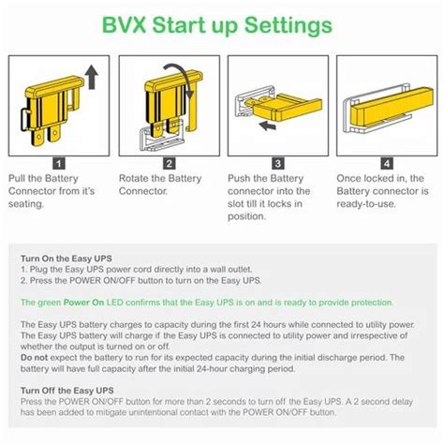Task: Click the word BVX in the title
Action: [125, 25]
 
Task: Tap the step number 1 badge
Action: [59, 163]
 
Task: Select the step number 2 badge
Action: [169, 163]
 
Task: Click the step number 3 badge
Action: [278, 163]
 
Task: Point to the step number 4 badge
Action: [387, 163]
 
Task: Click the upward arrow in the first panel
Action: [92, 78]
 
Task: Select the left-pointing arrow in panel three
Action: [268, 126]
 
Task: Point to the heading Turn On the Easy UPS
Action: [67, 259]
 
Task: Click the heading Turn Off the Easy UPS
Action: [67, 391]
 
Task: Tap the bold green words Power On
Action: [83, 303]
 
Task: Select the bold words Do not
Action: [34, 358]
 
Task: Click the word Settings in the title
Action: [289, 25]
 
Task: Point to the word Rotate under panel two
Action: [133, 178]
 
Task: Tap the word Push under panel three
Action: [239, 178]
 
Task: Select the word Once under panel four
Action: [349, 178]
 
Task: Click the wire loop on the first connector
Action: [22, 120]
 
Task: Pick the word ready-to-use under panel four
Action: [366, 204]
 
